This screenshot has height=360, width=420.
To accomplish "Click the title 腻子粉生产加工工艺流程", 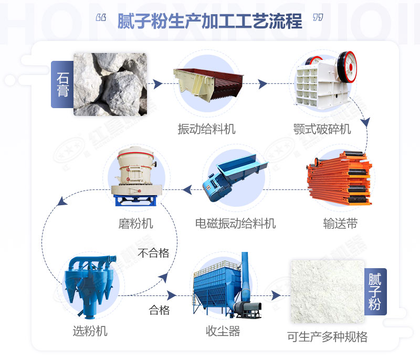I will (x=210, y=22).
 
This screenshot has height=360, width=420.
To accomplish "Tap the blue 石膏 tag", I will (x=62, y=84).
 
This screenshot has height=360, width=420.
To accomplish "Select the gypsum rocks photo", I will (x=110, y=84).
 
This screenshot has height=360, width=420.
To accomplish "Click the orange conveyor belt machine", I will (x=339, y=178).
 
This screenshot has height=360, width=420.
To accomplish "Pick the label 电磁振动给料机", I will (x=235, y=224).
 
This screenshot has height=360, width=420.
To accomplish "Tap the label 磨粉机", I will (x=135, y=224).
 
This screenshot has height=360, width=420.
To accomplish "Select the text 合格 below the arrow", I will (x=160, y=310).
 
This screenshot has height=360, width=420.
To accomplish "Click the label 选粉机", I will (x=90, y=331).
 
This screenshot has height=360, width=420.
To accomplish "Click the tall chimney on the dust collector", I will (x=245, y=278).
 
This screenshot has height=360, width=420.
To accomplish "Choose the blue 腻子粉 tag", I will (x=375, y=292).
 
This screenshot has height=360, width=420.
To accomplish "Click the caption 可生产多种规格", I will (x=327, y=336).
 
